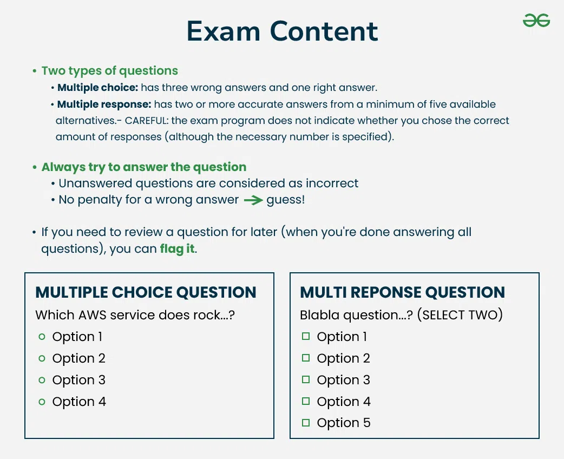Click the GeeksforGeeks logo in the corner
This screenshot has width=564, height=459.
(x=536, y=21)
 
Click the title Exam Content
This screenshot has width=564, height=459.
(x=283, y=31)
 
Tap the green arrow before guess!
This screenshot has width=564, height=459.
(x=253, y=200)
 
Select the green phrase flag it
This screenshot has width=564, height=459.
(x=178, y=248)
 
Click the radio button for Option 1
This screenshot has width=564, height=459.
(x=42, y=337)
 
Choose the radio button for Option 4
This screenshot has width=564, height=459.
(x=42, y=402)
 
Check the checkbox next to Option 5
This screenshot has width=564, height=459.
(x=306, y=423)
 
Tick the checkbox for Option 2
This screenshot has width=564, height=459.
(x=306, y=358)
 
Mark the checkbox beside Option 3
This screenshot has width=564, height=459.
(x=306, y=379)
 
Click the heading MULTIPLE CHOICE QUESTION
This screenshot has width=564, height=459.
(x=146, y=292)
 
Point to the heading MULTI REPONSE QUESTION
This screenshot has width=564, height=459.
(x=403, y=292)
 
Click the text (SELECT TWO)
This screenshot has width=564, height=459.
(x=460, y=315)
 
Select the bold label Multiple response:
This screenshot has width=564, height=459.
(x=104, y=104)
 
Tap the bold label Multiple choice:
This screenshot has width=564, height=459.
(x=98, y=87)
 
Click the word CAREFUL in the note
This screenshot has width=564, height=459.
(x=146, y=121)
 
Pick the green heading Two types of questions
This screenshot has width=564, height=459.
(x=110, y=71)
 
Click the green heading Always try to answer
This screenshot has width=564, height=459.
(x=144, y=167)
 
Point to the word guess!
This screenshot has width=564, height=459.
(x=286, y=200)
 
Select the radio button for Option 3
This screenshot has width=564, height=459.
(x=42, y=380)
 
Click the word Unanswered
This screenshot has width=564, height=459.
(x=95, y=183)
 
